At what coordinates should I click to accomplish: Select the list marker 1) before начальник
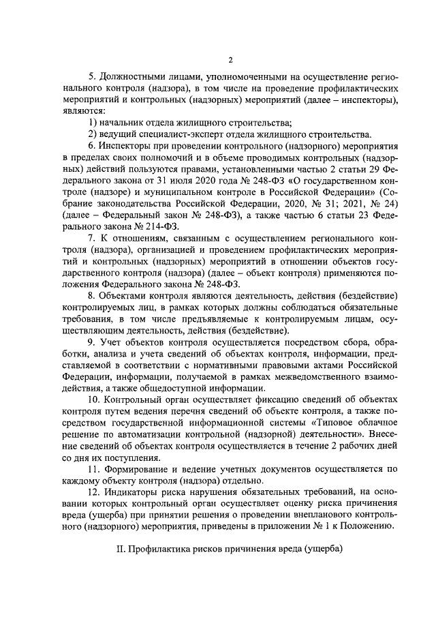pos(93,123)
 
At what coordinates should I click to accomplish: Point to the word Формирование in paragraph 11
pos(136,471)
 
